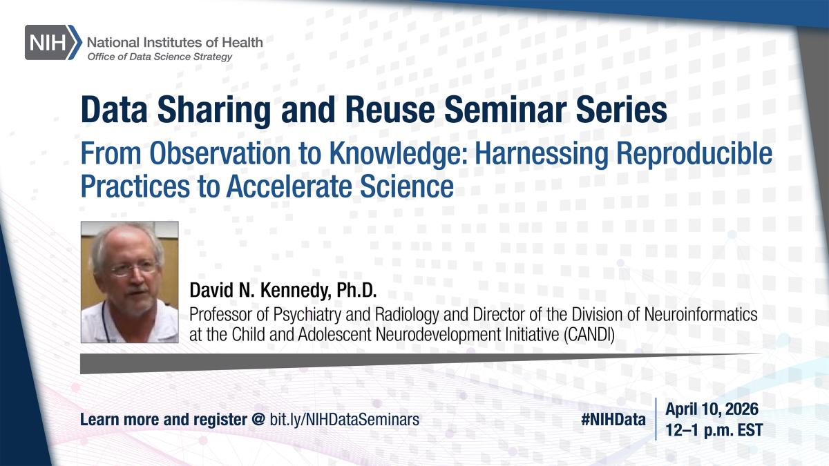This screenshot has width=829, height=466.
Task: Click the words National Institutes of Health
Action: pyautogui.click(x=175, y=42)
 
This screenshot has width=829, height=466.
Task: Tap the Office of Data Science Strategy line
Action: pyautogui.click(x=160, y=57)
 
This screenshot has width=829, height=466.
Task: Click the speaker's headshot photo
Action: pyautogui.click(x=130, y=282)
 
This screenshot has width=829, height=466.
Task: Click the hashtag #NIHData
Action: pyautogui.click(x=614, y=418)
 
